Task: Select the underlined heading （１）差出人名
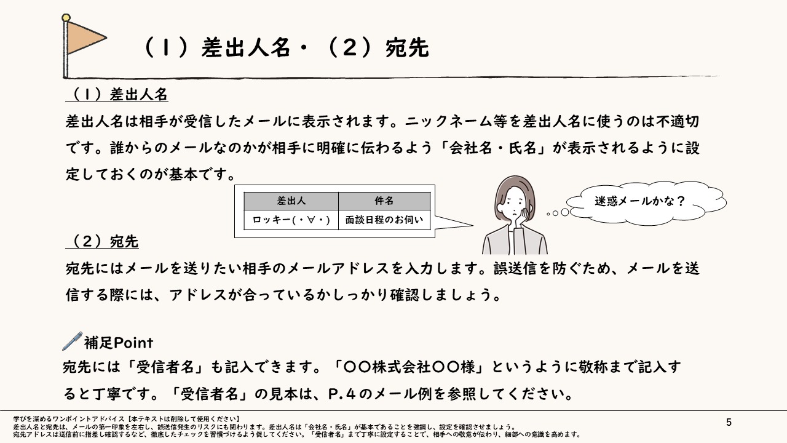point(117,95)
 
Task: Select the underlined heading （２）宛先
point(102,242)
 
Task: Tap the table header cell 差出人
point(291,201)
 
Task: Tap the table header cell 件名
point(384,201)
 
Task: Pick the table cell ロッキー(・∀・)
point(291,220)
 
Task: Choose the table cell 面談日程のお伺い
point(384,220)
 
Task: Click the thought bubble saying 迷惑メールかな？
point(639,201)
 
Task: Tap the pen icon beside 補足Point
point(72,341)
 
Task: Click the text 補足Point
point(118,342)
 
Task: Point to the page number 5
point(729,422)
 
